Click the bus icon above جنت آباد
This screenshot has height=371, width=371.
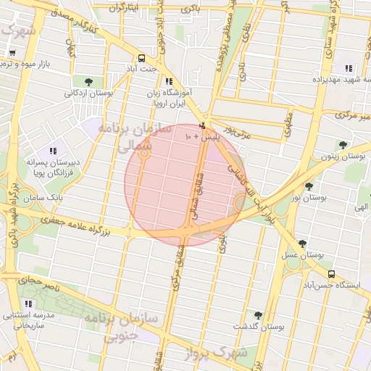[x=141, y=57]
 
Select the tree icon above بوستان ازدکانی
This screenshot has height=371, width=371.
[x=88, y=81]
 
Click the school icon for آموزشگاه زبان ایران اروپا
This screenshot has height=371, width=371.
[x=169, y=82]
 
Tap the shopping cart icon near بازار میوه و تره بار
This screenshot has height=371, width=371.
[x=12, y=53]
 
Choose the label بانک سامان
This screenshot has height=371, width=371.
[x=43, y=197]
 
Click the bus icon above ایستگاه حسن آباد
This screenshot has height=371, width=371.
[x=331, y=274]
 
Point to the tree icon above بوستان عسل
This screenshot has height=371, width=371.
[x=302, y=244]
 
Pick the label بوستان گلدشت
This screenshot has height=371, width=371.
[x=258, y=327]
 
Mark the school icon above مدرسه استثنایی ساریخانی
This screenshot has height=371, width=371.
[x=30, y=304]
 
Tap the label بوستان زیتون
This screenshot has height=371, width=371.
[x=342, y=156]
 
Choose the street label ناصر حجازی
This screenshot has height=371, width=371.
[x=27, y=279]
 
